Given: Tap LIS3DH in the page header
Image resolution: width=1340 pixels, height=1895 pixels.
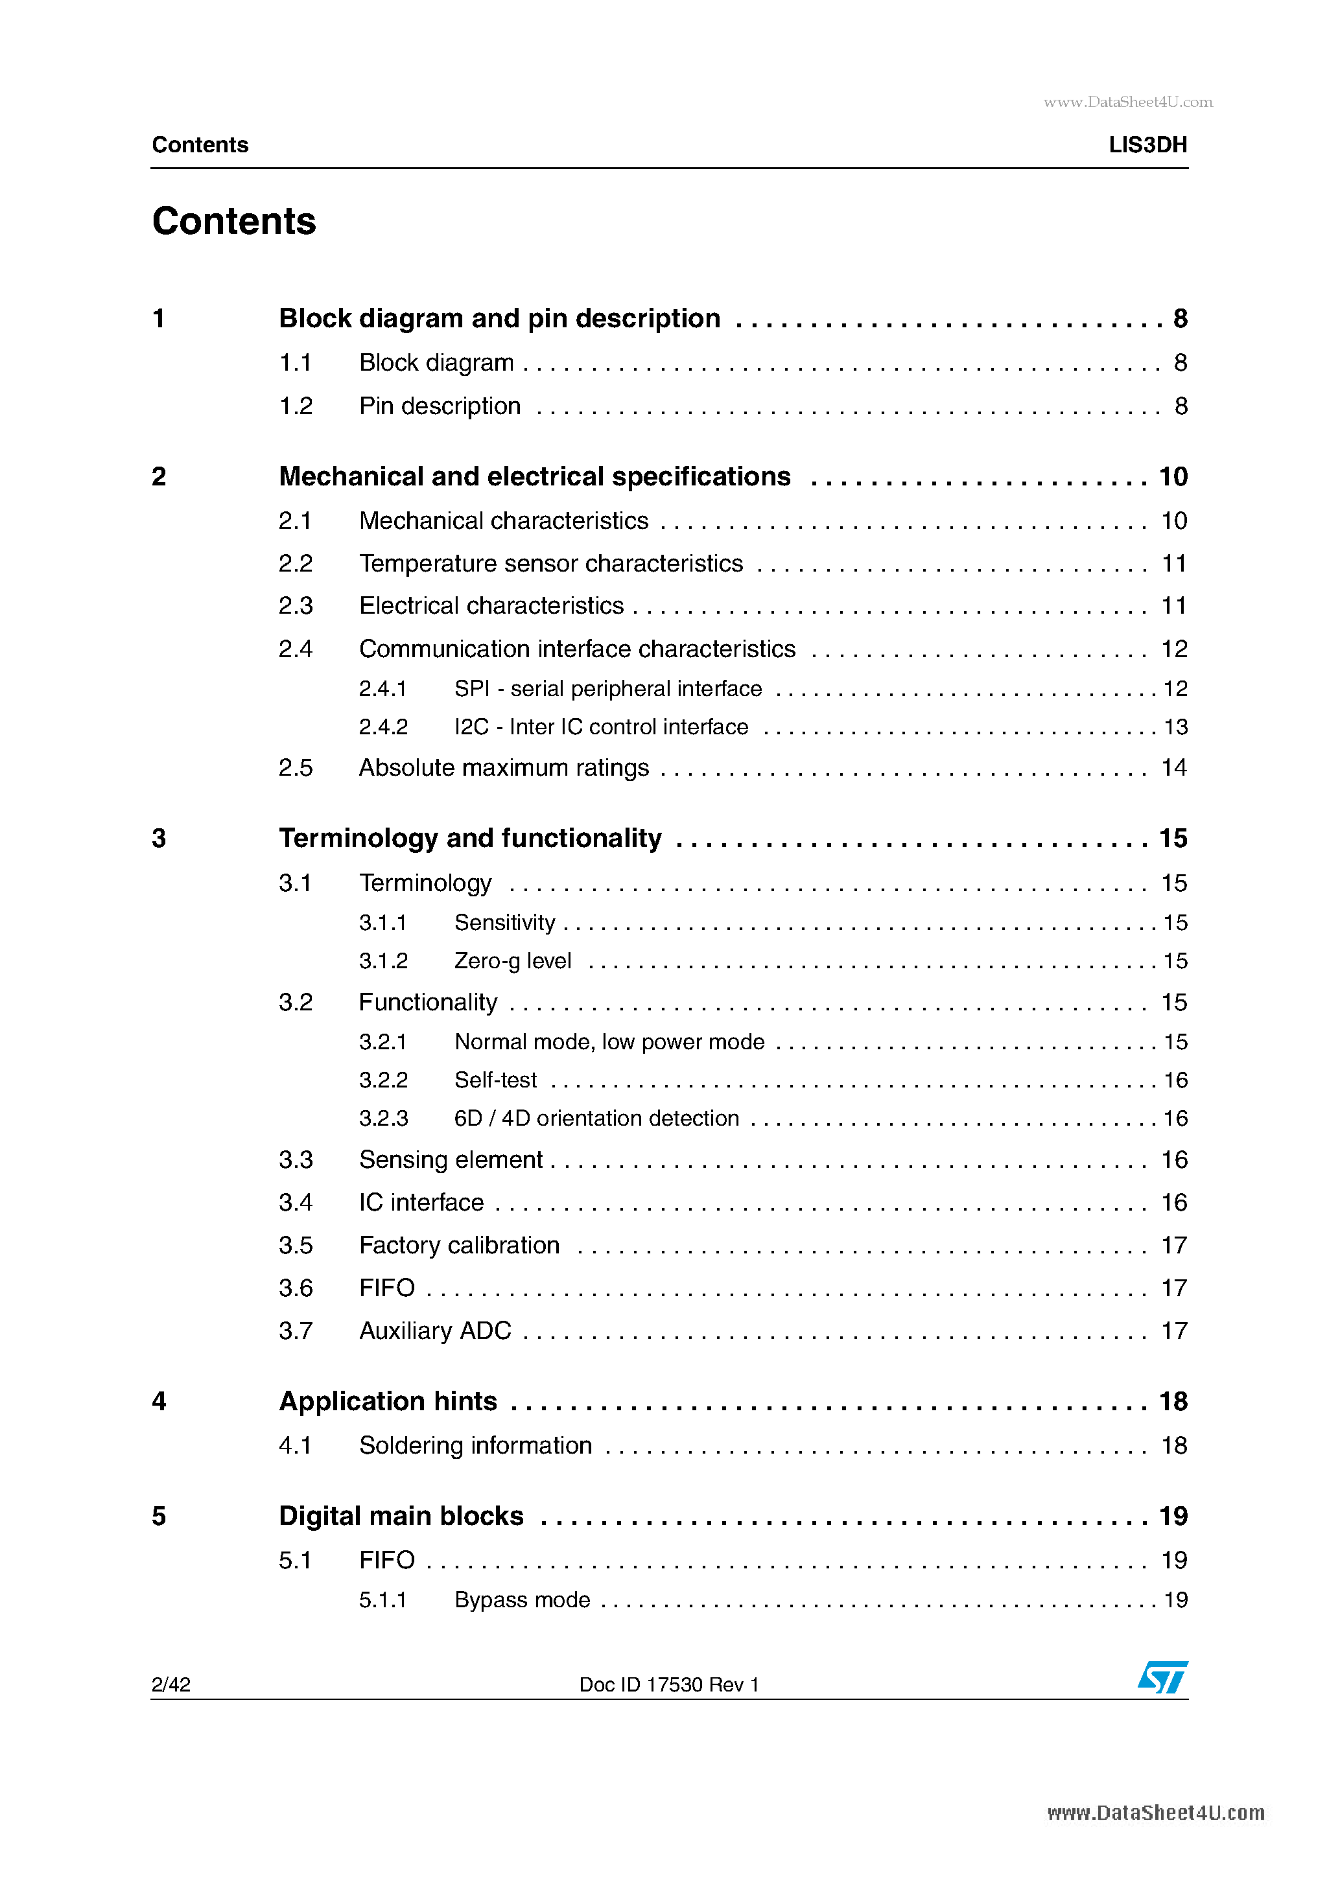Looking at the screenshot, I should pyautogui.click(x=1147, y=145).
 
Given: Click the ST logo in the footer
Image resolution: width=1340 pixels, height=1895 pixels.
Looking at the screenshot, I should pyautogui.click(x=1162, y=1677).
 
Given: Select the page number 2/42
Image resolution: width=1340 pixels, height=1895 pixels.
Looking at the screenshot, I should pyautogui.click(x=171, y=1684).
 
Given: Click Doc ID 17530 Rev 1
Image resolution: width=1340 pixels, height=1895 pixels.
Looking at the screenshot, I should pyautogui.click(x=669, y=1684).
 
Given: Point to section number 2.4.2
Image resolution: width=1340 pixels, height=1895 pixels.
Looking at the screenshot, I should pyautogui.click(x=383, y=727).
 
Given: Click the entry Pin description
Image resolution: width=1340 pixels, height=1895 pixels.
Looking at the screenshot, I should pyautogui.click(x=440, y=406).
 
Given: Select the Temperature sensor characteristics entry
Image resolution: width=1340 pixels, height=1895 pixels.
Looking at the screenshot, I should pyautogui.click(x=550, y=564).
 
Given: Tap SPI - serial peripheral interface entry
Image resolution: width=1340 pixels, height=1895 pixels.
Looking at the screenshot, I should pyautogui.click(x=607, y=689).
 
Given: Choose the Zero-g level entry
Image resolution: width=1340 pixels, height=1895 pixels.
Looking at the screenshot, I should pyautogui.click(x=513, y=962).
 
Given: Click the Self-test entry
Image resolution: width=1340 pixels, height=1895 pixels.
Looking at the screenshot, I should pyautogui.click(x=495, y=1080).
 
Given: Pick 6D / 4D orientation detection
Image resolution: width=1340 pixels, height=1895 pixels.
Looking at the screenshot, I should pyautogui.click(x=596, y=1119).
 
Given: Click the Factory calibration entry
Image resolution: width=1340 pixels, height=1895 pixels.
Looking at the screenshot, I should pyautogui.click(x=459, y=1246).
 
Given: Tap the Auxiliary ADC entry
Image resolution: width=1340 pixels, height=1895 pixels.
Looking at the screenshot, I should pyautogui.click(x=435, y=1331).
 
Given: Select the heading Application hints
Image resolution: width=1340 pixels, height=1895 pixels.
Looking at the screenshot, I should pyautogui.click(x=388, y=1401).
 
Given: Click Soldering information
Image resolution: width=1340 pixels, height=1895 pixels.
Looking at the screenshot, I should pyautogui.click(x=476, y=1446).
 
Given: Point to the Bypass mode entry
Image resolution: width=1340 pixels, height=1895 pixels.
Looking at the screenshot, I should pyautogui.click(x=522, y=1599).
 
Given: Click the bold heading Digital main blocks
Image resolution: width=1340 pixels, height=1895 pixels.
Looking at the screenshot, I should pyautogui.click(x=401, y=1516).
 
